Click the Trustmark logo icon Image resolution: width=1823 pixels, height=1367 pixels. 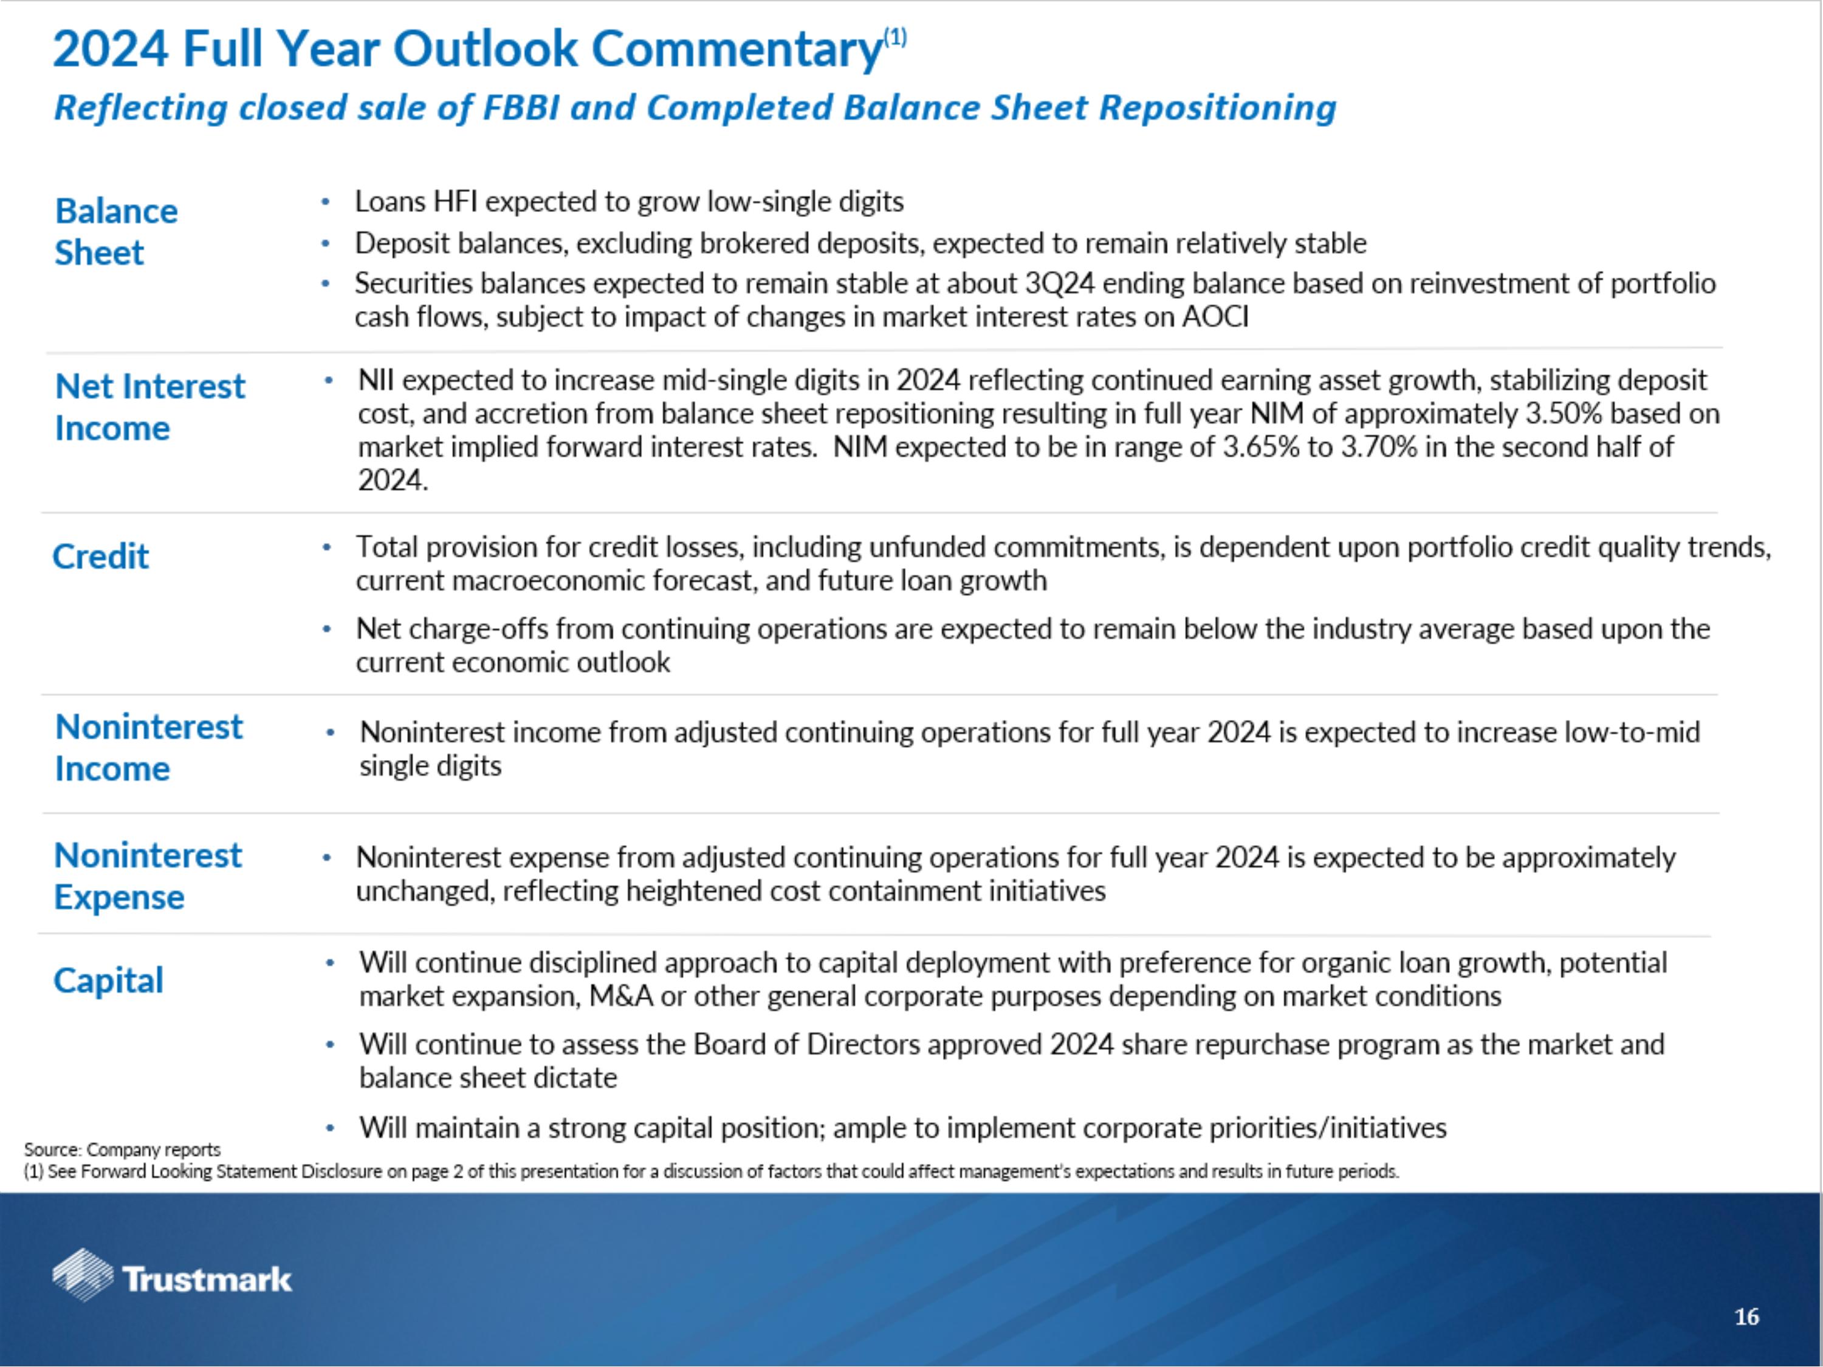83,1275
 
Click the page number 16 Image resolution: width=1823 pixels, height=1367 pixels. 1746,1317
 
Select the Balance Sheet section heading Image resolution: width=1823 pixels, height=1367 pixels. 115,231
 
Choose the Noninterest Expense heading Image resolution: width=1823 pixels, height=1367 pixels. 148,876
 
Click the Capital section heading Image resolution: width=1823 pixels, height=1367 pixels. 108,981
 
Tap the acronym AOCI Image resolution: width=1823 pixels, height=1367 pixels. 1215,317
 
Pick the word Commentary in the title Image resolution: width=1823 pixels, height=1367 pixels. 736,49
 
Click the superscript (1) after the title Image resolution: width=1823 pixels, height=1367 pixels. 895,37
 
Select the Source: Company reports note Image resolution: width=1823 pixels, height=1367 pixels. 122,1149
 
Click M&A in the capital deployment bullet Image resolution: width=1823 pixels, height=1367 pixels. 620,997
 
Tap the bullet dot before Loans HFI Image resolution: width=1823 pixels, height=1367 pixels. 326,202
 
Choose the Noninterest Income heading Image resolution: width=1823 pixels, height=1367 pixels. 148,747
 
